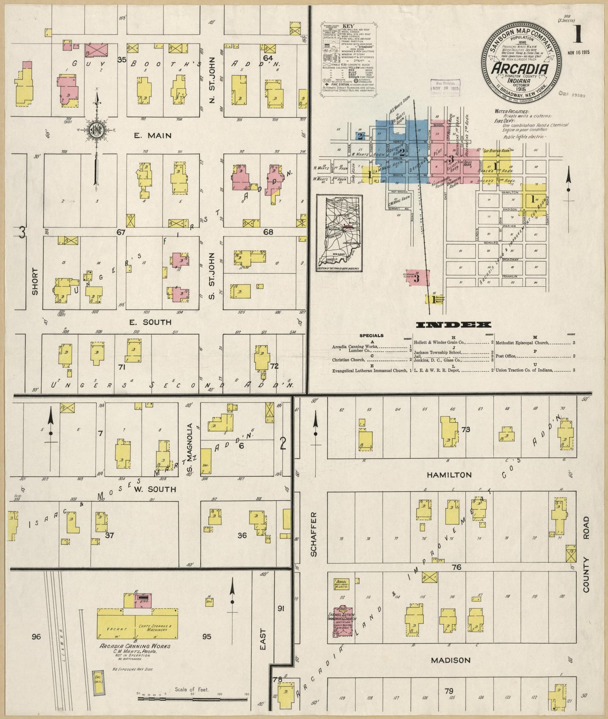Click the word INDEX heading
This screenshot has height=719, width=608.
tap(454, 325)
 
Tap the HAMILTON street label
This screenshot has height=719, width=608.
tap(449, 475)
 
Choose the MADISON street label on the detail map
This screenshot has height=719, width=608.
tap(450, 660)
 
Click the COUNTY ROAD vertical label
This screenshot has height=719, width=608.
tap(586, 556)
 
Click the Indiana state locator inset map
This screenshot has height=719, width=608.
tap(339, 233)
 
